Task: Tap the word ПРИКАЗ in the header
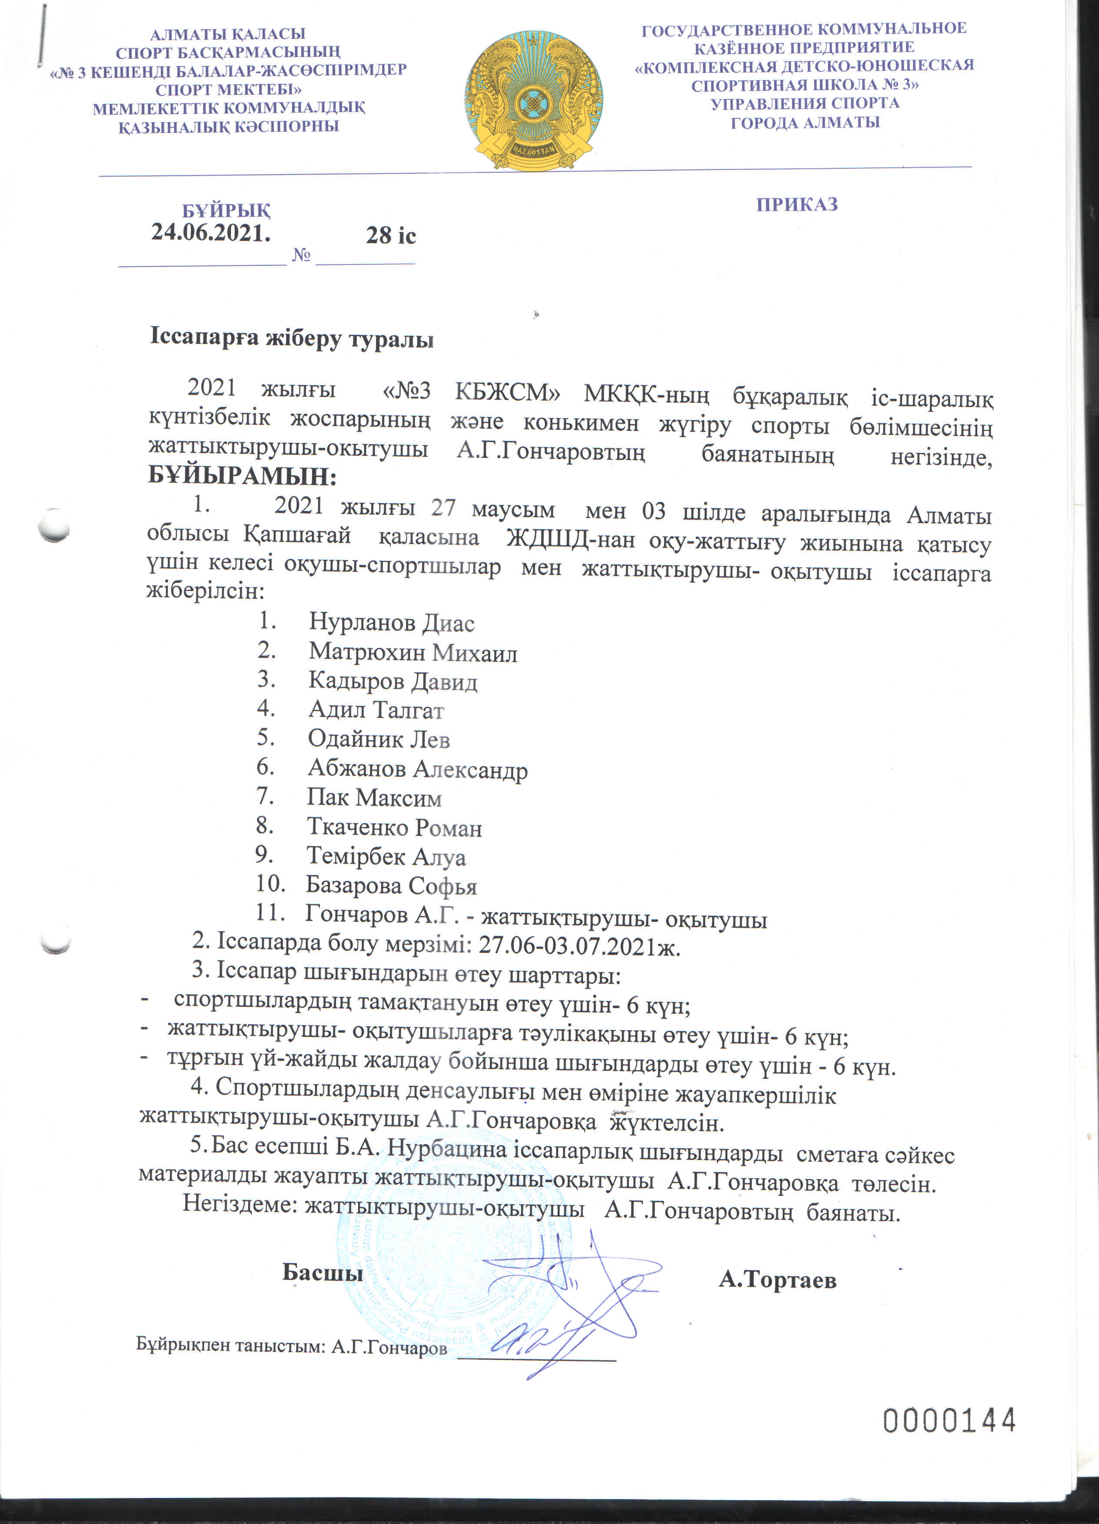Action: [x=797, y=204]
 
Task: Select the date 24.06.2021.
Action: [x=211, y=233]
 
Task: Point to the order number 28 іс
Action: [x=390, y=235]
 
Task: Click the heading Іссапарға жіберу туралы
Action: [x=292, y=338]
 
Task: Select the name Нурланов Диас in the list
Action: [x=392, y=623]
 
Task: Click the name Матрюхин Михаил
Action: [x=413, y=652]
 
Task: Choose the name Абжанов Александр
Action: [x=417, y=769]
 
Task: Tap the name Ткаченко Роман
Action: [x=394, y=827]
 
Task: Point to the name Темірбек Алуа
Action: [x=386, y=857]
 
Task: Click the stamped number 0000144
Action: [x=949, y=1421]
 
